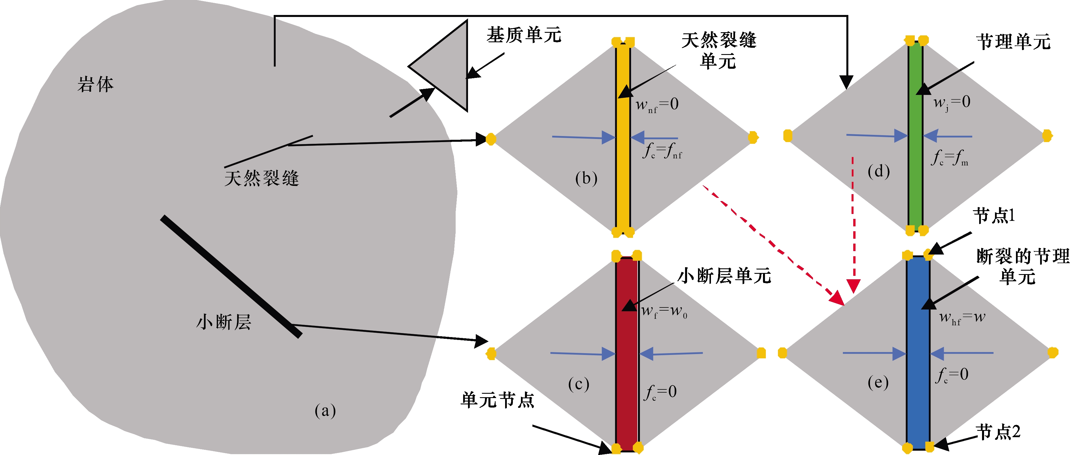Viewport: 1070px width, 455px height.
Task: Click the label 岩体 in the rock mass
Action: tap(95, 84)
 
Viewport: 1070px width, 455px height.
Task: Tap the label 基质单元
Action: tap(524, 35)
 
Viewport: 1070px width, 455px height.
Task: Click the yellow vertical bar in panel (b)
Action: tap(623, 137)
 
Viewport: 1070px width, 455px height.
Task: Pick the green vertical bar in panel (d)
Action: tap(916, 137)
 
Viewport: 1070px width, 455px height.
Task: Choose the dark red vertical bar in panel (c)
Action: tap(626, 353)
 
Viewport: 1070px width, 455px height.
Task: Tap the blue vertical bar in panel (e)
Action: tap(918, 353)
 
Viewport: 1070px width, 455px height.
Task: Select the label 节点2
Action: tap(998, 432)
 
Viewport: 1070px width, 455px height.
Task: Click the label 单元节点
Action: tap(497, 400)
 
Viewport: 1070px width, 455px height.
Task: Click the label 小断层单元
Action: tap(724, 276)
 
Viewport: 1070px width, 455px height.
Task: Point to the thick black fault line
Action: tap(231, 276)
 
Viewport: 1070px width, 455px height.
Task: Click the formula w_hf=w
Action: tap(962, 318)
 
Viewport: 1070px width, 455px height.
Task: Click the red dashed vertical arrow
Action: tap(853, 224)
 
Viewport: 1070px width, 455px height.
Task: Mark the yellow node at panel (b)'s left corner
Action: tap(491, 139)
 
